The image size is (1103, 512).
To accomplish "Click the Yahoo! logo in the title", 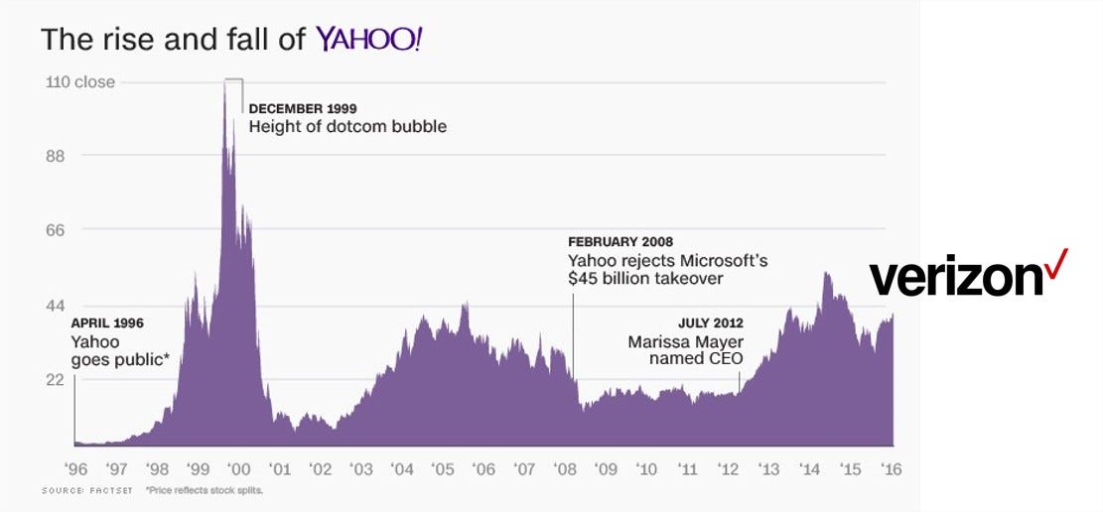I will point(368,40).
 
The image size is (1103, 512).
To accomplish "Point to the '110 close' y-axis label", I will point(80,82).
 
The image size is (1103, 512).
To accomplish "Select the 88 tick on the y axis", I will point(56,156).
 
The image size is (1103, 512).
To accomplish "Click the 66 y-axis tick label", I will point(56,230).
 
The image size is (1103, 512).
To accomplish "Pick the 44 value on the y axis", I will point(56,306).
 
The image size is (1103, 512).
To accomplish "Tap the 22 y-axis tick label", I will point(56,380).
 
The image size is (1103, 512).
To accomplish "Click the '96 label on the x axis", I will point(76,469).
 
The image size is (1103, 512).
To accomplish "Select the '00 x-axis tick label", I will point(239,469).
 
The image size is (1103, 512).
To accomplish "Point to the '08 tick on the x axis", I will point(564,469).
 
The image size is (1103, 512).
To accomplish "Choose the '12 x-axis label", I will point(727,469).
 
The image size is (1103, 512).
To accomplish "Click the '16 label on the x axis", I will point(891,469).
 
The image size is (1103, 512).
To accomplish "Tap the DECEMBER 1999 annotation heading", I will point(302,108).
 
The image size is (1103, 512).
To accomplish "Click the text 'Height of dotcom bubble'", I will point(347,127).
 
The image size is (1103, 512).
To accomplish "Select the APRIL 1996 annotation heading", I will point(107,322).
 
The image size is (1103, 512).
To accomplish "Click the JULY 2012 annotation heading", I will point(710,322).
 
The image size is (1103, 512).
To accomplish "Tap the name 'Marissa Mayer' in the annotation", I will point(685,342).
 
